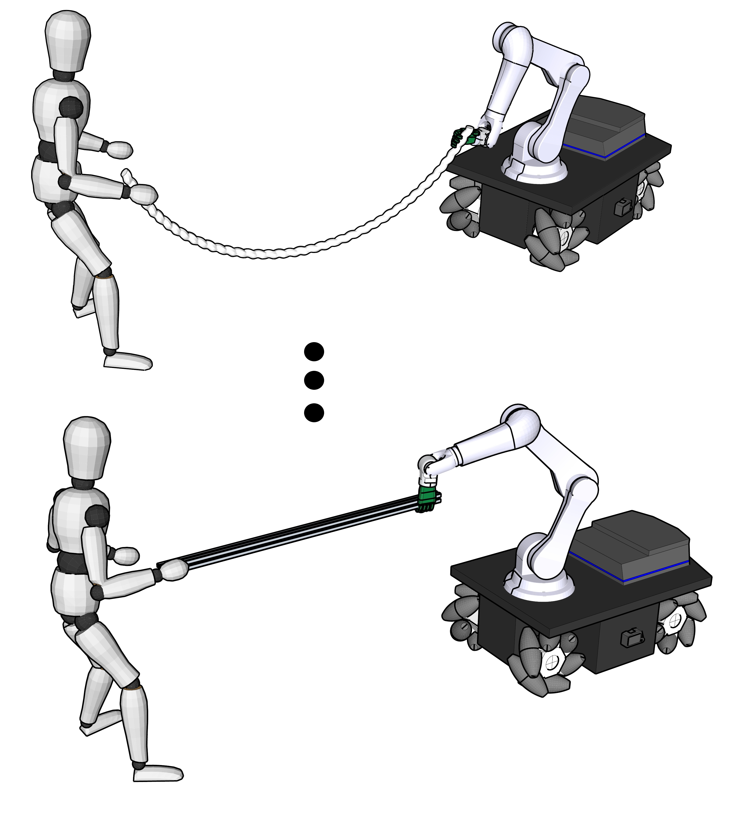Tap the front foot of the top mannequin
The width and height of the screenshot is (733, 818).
128,361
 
